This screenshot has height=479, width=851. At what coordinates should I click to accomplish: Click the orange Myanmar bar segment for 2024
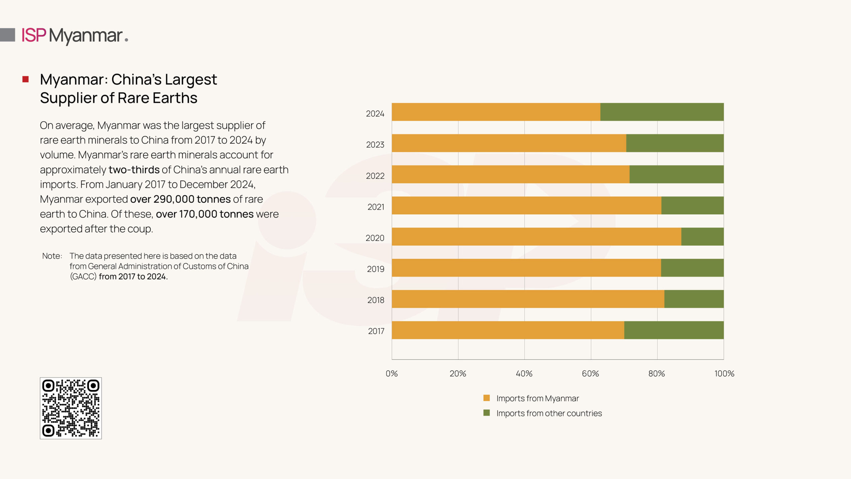pos(496,112)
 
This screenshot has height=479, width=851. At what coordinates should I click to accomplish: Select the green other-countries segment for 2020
pos(702,237)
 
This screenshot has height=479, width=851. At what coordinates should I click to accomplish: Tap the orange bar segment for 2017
pos(508,330)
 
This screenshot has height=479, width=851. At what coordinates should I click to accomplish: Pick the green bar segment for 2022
pos(676,174)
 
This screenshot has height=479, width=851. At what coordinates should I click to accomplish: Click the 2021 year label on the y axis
pos(376,207)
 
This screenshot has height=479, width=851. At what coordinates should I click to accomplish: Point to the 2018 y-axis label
pos(376,300)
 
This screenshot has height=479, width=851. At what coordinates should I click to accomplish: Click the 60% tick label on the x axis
pos(590,374)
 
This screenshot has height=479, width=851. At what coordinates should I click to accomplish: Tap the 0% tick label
pos(392,374)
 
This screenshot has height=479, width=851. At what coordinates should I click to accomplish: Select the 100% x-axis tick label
pos(724,374)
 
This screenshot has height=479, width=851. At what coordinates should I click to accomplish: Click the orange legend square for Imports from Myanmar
pos(486,398)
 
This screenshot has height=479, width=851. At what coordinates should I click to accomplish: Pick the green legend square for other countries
pos(486,413)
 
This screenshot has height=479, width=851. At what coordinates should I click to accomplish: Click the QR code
pos(71,408)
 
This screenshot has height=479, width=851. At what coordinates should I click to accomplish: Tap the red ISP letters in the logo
pos(34,35)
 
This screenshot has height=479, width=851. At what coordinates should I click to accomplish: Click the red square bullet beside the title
pos(26,79)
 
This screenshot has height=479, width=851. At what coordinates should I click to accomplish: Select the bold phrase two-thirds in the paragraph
pos(134,170)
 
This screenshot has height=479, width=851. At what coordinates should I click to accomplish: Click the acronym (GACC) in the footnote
pos(83,276)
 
